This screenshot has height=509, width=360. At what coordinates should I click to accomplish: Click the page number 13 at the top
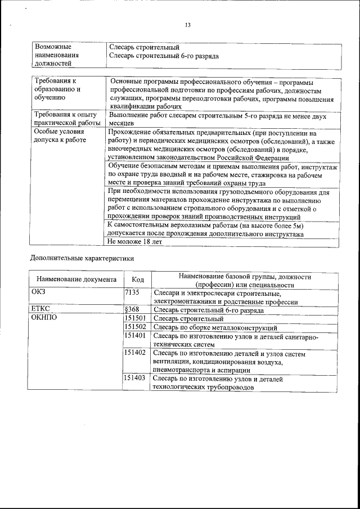[x=188, y=24]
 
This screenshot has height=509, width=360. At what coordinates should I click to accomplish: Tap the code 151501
[x=134, y=318]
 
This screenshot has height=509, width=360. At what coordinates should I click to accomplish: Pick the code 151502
[x=134, y=327]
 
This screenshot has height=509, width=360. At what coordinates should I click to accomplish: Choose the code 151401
[x=134, y=336]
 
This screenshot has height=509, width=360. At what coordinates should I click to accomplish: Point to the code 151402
[x=134, y=353]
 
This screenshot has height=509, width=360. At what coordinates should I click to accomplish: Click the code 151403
[x=134, y=379]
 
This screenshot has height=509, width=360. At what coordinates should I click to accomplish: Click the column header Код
[x=137, y=280]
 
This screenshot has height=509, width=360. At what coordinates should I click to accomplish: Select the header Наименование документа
[x=76, y=280]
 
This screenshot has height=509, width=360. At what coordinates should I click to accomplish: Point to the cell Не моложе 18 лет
[x=134, y=242]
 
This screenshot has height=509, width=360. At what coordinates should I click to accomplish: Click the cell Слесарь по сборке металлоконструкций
[x=215, y=327]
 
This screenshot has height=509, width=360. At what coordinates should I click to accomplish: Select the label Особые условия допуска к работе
[x=60, y=136]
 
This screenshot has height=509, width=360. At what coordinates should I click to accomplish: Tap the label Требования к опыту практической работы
[x=66, y=118]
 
